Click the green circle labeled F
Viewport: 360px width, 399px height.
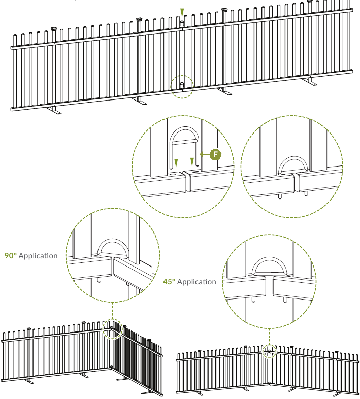[x=215, y=154]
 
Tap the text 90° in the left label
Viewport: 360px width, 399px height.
[x=11, y=256]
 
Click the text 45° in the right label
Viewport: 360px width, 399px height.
[x=169, y=282]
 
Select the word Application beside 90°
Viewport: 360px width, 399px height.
[x=38, y=256]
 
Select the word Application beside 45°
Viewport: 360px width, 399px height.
[x=197, y=282]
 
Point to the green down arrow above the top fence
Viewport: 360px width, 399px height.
[x=182, y=12]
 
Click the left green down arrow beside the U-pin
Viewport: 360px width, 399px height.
[x=176, y=162]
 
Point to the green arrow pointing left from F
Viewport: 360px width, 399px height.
[x=205, y=154]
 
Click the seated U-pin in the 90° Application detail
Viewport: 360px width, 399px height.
[x=113, y=241]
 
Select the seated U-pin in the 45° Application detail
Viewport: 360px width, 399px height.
[x=269, y=259]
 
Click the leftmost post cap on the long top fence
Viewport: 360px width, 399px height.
[x=54, y=29]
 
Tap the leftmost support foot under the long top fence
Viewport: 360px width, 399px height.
[x=54, y=110]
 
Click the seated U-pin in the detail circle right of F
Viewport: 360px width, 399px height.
[x=293, y=158]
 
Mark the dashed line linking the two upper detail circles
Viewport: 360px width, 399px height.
[x=237, y=167]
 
